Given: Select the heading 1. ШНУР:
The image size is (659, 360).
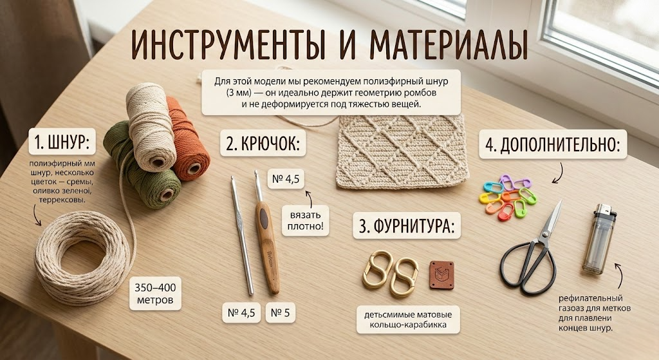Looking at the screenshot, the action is click(x=62, y=142).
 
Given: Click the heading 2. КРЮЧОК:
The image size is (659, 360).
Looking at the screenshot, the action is click(x=263, y=144).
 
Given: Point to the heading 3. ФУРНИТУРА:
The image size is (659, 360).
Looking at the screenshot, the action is click(x=407, y=226).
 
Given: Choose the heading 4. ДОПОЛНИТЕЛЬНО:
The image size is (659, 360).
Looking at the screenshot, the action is click(x=553, y=145).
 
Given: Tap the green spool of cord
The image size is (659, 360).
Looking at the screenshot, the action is click(x=141, y=166).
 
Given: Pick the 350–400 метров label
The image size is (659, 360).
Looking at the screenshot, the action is click(x=156, y=294).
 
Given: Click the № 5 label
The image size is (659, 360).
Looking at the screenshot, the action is click(x=281, y=313).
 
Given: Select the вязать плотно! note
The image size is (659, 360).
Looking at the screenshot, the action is click(x=305, y=220).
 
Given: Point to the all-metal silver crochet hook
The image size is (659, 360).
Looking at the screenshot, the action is click(x=242, y=236).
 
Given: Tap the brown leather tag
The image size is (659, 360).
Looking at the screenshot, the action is click(x=441, y=275).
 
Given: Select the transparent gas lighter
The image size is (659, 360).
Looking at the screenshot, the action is click(x=599, y=239).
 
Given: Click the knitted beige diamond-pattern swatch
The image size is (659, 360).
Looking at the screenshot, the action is click(x=402, y=151).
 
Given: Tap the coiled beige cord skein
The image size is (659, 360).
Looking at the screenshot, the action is click(x=82, y=258).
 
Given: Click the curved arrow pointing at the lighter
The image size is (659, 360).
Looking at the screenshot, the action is click(x=619, y=276).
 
